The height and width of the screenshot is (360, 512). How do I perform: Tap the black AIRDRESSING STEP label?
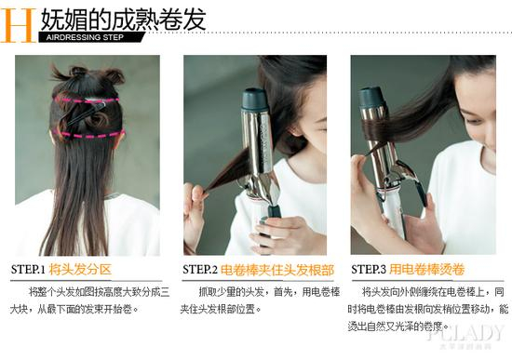[82, 38]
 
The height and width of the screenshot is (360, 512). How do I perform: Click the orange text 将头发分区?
[80, 270]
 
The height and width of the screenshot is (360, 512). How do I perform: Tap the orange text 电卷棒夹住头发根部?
[276, 270]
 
